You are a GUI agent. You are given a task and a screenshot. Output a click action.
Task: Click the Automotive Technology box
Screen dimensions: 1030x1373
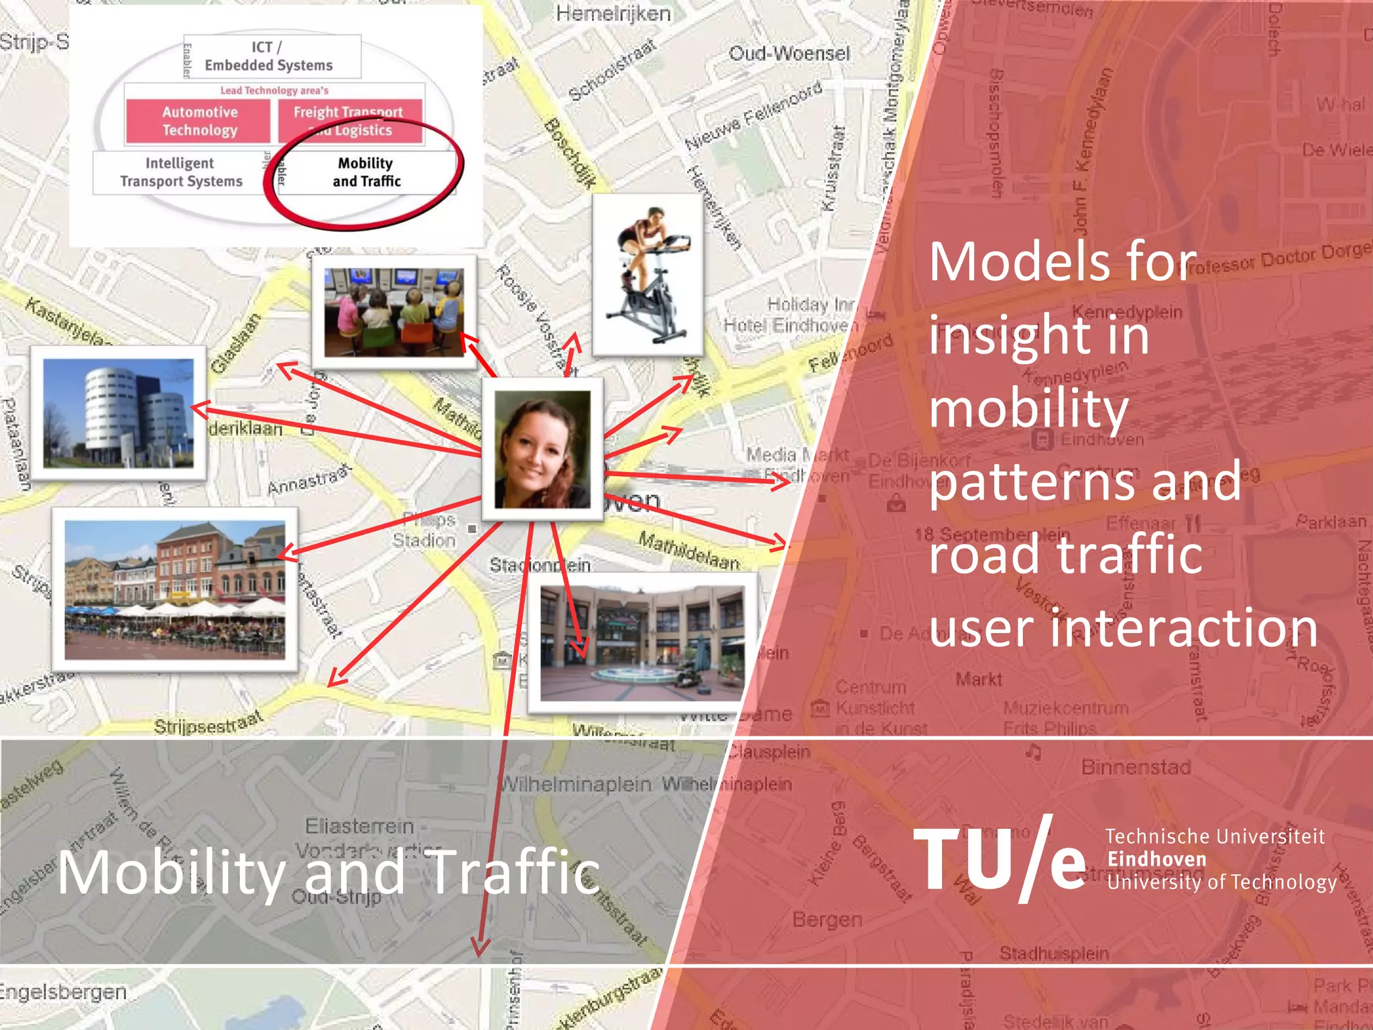coord(199,121)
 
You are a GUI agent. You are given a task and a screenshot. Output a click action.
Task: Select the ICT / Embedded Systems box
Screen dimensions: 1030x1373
coord(269,56)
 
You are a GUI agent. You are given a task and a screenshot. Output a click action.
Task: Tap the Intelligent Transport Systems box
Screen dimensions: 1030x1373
coord(180,172)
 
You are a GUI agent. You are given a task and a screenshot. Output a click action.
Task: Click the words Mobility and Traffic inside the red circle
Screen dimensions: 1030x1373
coord(366,172)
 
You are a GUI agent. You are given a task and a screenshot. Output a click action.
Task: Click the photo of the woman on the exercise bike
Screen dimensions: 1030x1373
coord(648,275)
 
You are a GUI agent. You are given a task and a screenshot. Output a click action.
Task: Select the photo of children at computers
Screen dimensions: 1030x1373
coord(394,312)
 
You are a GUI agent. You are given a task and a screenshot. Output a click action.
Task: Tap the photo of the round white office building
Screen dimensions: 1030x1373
coord(118,413)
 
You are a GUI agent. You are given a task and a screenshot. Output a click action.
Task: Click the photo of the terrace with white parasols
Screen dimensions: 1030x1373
coord(174,590)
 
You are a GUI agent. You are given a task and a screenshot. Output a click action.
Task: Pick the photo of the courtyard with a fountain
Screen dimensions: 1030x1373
coord(642,643)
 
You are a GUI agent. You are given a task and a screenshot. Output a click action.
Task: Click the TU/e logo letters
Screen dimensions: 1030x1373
coord(999,860)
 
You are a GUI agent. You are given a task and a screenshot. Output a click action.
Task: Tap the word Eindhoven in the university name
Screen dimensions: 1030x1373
coord(1156,859)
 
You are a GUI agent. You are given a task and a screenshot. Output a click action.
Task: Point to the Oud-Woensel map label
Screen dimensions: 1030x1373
coord(789,54)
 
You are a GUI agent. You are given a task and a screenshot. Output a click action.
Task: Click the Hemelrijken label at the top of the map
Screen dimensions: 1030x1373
coord(613,13)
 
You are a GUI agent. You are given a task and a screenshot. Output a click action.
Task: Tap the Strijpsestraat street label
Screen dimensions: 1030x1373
coord(208,724)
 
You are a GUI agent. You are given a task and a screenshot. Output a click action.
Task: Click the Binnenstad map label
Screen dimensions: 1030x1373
coord(1136,766)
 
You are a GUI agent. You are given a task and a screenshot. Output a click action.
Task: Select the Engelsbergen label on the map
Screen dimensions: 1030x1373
coord(64,992)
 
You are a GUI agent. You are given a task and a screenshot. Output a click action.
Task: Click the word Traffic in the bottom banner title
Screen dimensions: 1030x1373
coord(514,872)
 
